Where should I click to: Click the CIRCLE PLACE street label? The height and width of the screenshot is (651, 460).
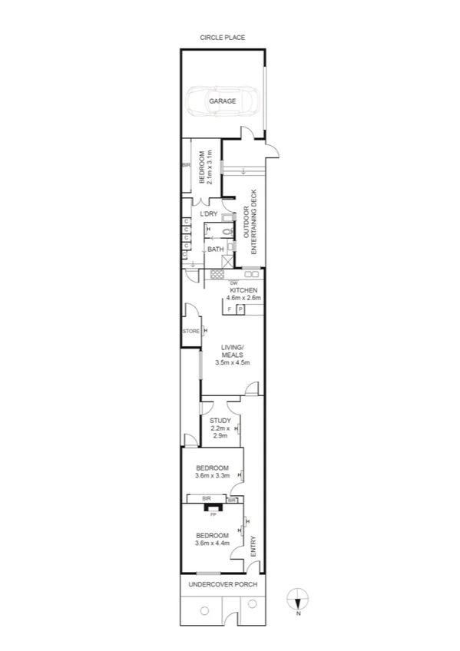click(x=222, y=37)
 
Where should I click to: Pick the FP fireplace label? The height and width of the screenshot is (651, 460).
click(x=213, y=514)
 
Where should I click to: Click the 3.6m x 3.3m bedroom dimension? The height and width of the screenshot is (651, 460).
click(x=212, y=476)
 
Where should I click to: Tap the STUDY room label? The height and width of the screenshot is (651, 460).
click(x=220, y=421)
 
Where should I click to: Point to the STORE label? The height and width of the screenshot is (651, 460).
click(x=190, y=332)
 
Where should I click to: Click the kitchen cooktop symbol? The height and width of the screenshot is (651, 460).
click(x=217, y=274)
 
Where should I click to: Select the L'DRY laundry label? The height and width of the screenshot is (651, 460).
click(x=209, y=213)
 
